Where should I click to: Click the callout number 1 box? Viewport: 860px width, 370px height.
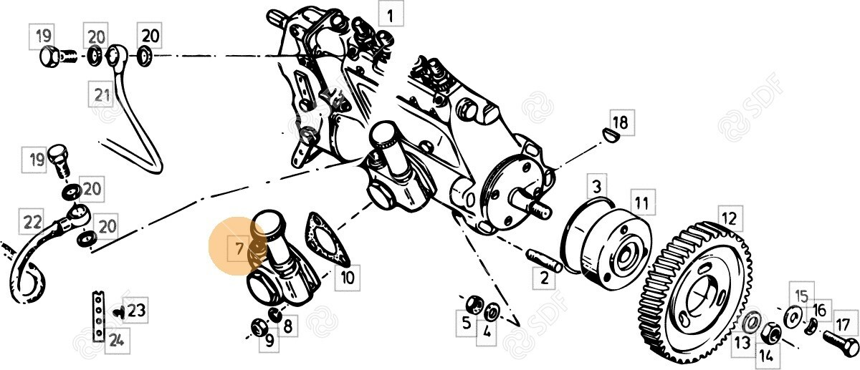391,14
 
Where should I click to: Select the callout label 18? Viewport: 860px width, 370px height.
621,122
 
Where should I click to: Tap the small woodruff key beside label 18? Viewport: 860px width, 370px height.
609,135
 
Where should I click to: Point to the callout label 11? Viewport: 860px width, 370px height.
642,203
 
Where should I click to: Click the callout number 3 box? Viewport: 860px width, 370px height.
597,187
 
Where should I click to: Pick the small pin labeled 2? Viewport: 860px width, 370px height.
545,261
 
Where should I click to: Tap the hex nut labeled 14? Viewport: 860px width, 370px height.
770,333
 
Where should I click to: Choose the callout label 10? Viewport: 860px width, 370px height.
347,277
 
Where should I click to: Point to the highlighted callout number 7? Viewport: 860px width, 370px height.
239,249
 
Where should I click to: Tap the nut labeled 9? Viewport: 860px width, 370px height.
257,326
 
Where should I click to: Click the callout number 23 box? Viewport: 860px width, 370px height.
135,310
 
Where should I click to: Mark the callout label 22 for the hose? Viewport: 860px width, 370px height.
32,222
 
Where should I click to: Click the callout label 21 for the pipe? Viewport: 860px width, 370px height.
101,94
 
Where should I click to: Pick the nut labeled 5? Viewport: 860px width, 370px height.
474,304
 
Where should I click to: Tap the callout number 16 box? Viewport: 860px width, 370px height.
820,311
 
